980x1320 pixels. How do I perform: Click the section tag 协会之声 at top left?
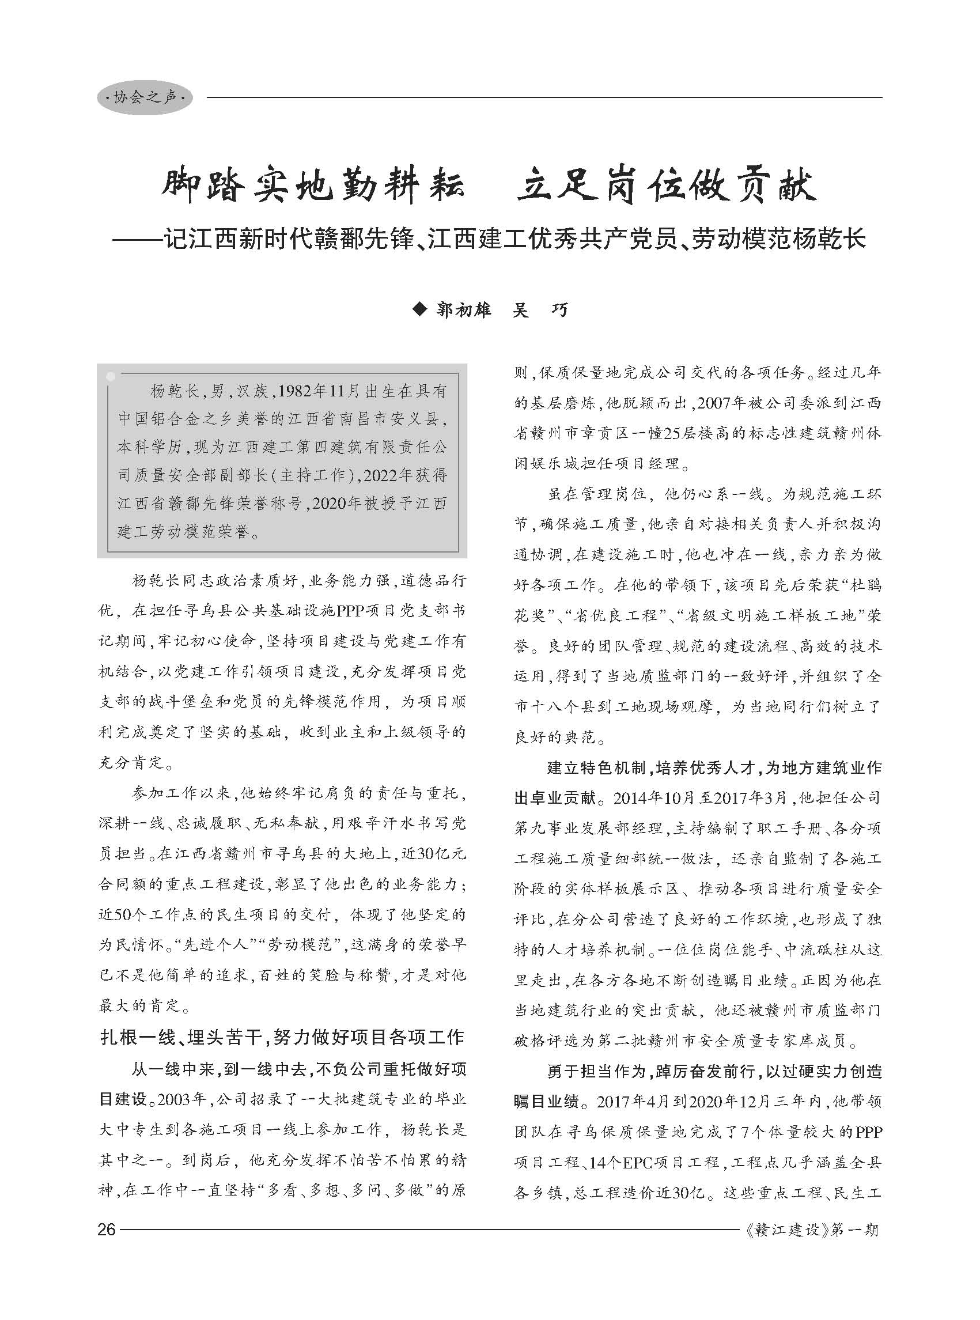coord(145,97)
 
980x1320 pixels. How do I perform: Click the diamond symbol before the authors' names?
coord(420,309)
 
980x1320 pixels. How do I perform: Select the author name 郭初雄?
coord(463,309)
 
